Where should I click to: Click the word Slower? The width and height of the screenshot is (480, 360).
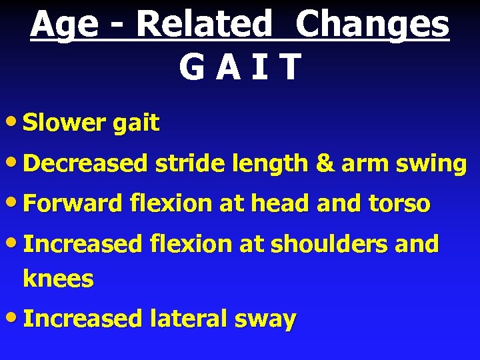[63, 123]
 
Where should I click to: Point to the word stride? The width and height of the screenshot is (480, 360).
[189, 163]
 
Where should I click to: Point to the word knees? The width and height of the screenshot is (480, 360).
[58, 279]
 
